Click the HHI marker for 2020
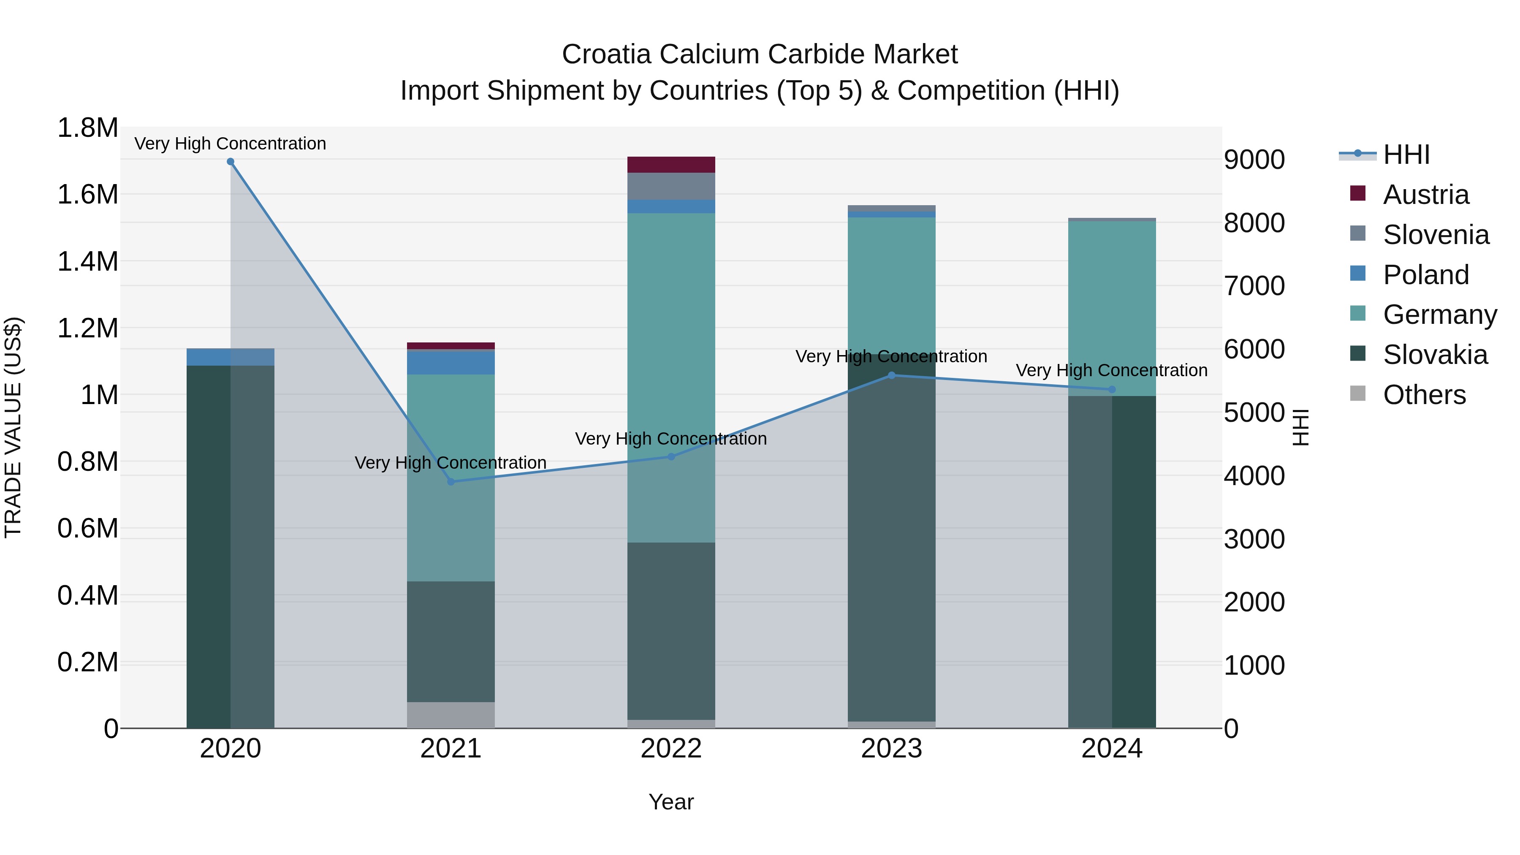[x=230, y=162]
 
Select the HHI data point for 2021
[x=451, y=481]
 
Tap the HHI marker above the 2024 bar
[x=1112, y=389]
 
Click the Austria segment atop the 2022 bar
[x=671, y=165]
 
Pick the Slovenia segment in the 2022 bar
[x=671, y=187]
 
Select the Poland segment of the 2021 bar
[x=451, y=363]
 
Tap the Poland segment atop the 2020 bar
[x=230, y=357]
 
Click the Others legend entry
[x=1424, y=395]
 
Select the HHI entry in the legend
[x=1406, y=155]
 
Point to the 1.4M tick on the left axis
[x=88, y=261]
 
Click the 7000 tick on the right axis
[x=1254, y=286]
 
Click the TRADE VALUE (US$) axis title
[x=14, y=427]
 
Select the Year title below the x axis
[x=671, y=802]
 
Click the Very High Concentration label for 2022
[x=671, y=439]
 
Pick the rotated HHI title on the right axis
[x=1300, y=427]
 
